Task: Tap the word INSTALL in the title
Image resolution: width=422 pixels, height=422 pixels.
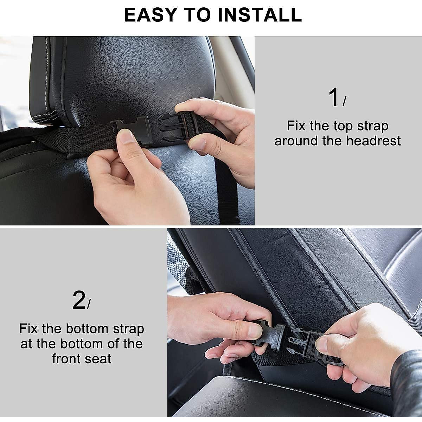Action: click(260, 14)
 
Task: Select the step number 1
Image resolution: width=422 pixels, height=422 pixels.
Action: click(334, 98)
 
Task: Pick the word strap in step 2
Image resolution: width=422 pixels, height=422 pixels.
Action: click(128, 329)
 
